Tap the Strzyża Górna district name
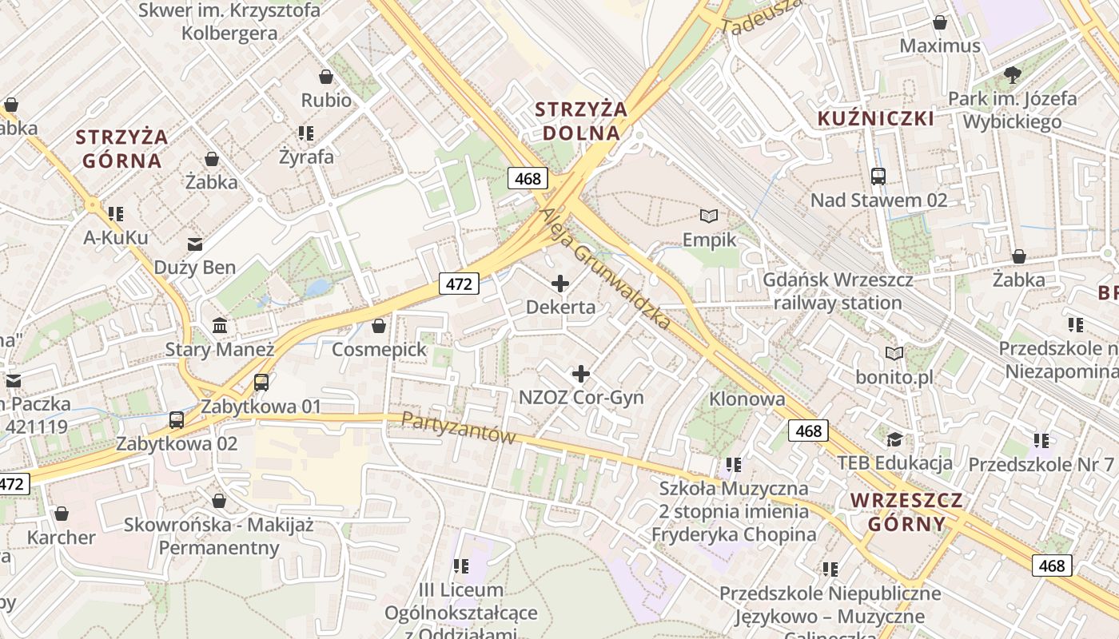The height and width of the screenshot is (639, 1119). (x=122, y=148)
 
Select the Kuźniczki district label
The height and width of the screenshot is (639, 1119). (x=875, y=119)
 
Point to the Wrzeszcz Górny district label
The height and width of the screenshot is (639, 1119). (x=906, y=512)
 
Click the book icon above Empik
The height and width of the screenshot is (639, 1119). (x=708, y=216)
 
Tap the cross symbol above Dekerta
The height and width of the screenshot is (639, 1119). (x=560, y=283)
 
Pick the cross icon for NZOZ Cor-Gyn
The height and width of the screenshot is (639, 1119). (x=581, y=373)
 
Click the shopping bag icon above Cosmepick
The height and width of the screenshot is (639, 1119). (x=379, y=326)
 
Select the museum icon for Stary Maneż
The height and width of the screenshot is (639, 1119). (x=220, y=326)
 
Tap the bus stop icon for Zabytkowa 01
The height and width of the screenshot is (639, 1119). (x=261, y=382)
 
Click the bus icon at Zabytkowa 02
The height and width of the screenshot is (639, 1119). (x=177, y=419)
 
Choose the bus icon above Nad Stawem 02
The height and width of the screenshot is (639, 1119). (x=878, y=176)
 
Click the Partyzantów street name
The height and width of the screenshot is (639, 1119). (x=458, y=428)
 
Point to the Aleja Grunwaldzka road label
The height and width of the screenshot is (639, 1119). (x=605, y=269)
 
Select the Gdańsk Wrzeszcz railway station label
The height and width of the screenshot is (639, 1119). (x=838, y=292)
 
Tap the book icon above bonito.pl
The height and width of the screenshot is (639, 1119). (x=894, y=353)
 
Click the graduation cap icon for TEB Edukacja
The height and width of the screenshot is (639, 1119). (x=894, y=439)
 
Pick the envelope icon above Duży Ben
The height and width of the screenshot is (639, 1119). (x=195, y=244)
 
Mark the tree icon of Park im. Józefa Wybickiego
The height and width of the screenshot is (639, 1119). (x=1013, y=75)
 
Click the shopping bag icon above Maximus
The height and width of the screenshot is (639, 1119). (x=940, y=22)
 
